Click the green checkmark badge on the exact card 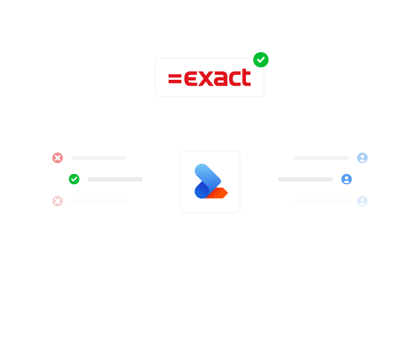(260, 60)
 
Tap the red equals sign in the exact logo (175, 79)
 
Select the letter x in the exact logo (206, 79)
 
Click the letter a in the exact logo (220, 79)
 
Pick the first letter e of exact (191, 79)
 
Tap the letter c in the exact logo (233, 79)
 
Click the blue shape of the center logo (206, 180)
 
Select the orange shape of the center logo (217, 193)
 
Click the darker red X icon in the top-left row (58, 158)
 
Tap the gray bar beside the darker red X (98, 158)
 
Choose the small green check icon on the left (74, 179)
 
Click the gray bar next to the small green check (115, 179)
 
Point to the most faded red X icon (58, 201)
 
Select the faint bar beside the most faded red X (98, 201)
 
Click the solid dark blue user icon (346, 179)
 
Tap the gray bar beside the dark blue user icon (305, 179)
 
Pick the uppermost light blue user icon (362, 158)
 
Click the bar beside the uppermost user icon (322, 158)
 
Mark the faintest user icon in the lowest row (362, 201)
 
